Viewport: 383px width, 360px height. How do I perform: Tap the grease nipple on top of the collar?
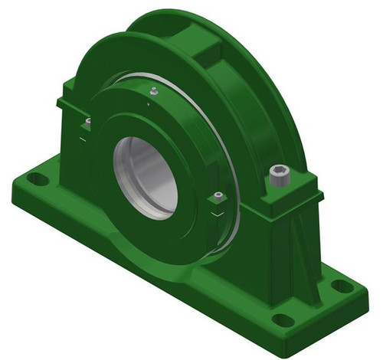(152, 91)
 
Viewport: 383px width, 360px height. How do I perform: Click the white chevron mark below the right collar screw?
(218, 217)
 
